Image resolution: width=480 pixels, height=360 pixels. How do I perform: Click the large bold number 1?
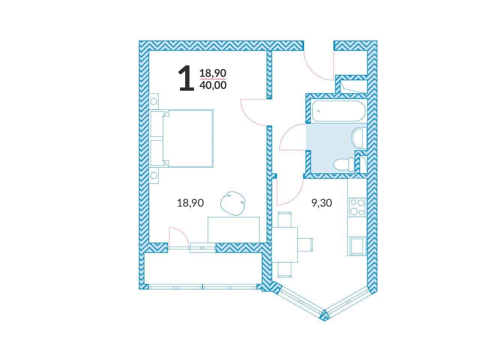coord(186,78)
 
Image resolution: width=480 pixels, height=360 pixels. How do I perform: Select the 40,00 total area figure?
coord(213,85)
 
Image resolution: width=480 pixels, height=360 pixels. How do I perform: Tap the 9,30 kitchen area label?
coord(321,203)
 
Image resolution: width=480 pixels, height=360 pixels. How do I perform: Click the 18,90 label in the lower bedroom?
coord(190,203)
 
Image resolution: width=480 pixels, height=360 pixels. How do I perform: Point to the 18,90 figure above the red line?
coord(213,73)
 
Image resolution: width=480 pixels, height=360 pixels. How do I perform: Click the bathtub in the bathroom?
coord(339,111)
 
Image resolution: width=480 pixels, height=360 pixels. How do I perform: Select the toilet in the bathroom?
coord(344,164)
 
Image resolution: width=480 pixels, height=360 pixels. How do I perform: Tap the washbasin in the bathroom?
coord(359,138)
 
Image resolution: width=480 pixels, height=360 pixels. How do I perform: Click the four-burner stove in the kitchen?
coord(357,207)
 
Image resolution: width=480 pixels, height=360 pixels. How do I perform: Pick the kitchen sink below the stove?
coord(358,246)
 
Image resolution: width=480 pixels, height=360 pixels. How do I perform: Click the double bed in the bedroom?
coord(182,138)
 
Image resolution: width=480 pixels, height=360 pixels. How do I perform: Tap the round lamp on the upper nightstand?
coord(154,101)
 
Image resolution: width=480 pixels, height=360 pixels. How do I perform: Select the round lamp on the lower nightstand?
coord(154,175)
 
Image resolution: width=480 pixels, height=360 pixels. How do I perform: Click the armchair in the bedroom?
coord(233,203)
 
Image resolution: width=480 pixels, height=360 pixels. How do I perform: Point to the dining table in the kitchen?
coord(285,245)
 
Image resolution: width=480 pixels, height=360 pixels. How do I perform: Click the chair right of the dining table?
coord(305,245)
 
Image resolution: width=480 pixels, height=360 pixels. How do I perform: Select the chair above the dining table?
coord(285,220)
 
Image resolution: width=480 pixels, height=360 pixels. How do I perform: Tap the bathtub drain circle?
coord(318,111)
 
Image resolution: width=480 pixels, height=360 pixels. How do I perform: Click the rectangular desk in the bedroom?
coord(234,230)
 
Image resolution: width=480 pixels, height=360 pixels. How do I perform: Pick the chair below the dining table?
coord(285,270)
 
